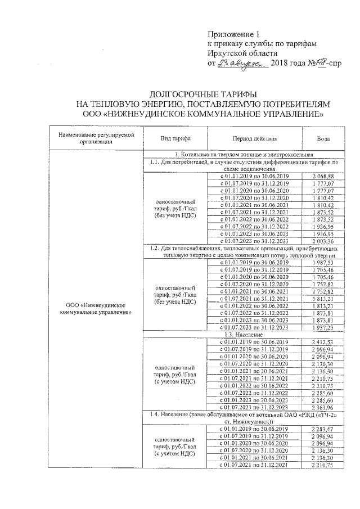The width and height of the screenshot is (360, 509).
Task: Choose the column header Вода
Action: (322, 139)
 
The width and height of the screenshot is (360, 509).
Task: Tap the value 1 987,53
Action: (322, 262)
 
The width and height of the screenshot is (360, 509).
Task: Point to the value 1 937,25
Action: (322, 327)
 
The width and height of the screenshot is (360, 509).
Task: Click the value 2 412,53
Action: (322, 341)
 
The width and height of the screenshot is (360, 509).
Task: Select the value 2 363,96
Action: (322, 406)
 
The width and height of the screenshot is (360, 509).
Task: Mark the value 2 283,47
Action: (322, 429)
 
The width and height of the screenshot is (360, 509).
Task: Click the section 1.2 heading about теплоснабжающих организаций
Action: (242, 251)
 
